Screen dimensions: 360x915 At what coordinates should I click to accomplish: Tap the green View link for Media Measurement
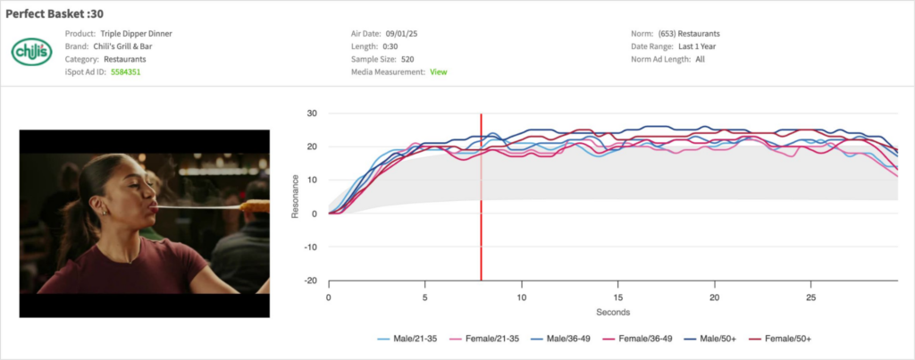(438, 71)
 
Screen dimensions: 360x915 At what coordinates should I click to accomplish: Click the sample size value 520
(407, 59)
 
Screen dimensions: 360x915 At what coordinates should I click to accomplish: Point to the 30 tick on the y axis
(312, 113)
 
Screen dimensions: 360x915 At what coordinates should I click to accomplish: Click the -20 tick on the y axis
(310, 280)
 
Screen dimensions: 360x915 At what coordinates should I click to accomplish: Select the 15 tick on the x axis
(617, 296)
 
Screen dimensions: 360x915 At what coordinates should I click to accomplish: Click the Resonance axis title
(296, 197)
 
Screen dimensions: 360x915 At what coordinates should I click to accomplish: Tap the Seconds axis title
(613, 313)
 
